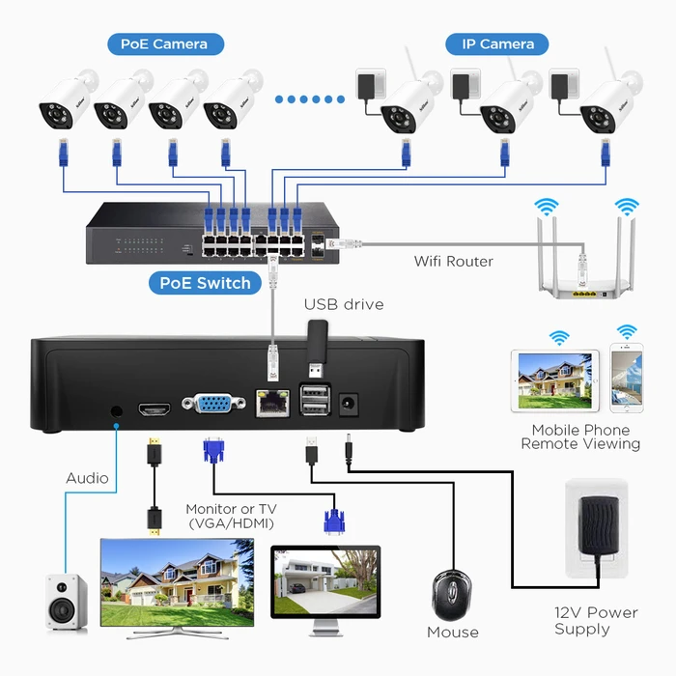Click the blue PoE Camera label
164,43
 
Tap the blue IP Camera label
497,43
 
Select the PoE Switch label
204,283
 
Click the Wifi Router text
454,261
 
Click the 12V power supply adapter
596,530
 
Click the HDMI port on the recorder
154,407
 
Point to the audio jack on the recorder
117,410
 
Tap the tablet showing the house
555,381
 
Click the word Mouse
453,633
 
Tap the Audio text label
87,478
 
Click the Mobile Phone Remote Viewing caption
580,437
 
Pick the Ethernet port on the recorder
272,403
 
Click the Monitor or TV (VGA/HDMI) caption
231,516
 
